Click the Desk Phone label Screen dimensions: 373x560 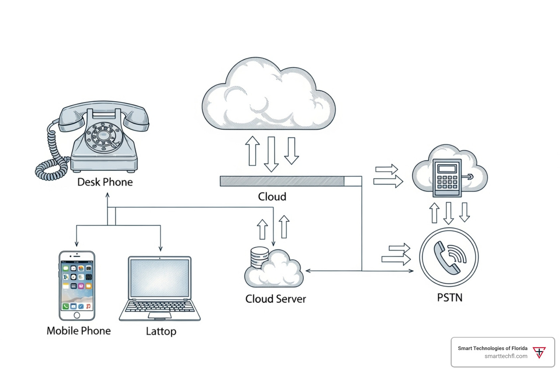(105, 182)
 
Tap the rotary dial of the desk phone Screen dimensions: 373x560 (104, 137)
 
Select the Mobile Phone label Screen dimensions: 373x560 (79, 331)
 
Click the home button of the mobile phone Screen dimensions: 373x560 (77, 315)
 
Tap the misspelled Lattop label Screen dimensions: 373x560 (161, 331)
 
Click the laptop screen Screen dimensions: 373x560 (160, 278)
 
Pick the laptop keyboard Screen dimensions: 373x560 (160, 307)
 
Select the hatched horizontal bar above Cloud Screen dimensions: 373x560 (282, 181)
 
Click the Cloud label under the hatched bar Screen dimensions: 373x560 (272, 197)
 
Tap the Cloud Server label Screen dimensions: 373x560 (276, 299)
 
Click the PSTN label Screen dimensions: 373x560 (450, 298)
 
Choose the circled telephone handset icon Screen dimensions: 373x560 (449, 257)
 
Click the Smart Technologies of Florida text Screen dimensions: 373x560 (493, 348)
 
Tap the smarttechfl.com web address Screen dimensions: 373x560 (506, 356)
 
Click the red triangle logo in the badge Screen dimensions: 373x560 (539, 352)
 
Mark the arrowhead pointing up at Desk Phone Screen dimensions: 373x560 (108, 195)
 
